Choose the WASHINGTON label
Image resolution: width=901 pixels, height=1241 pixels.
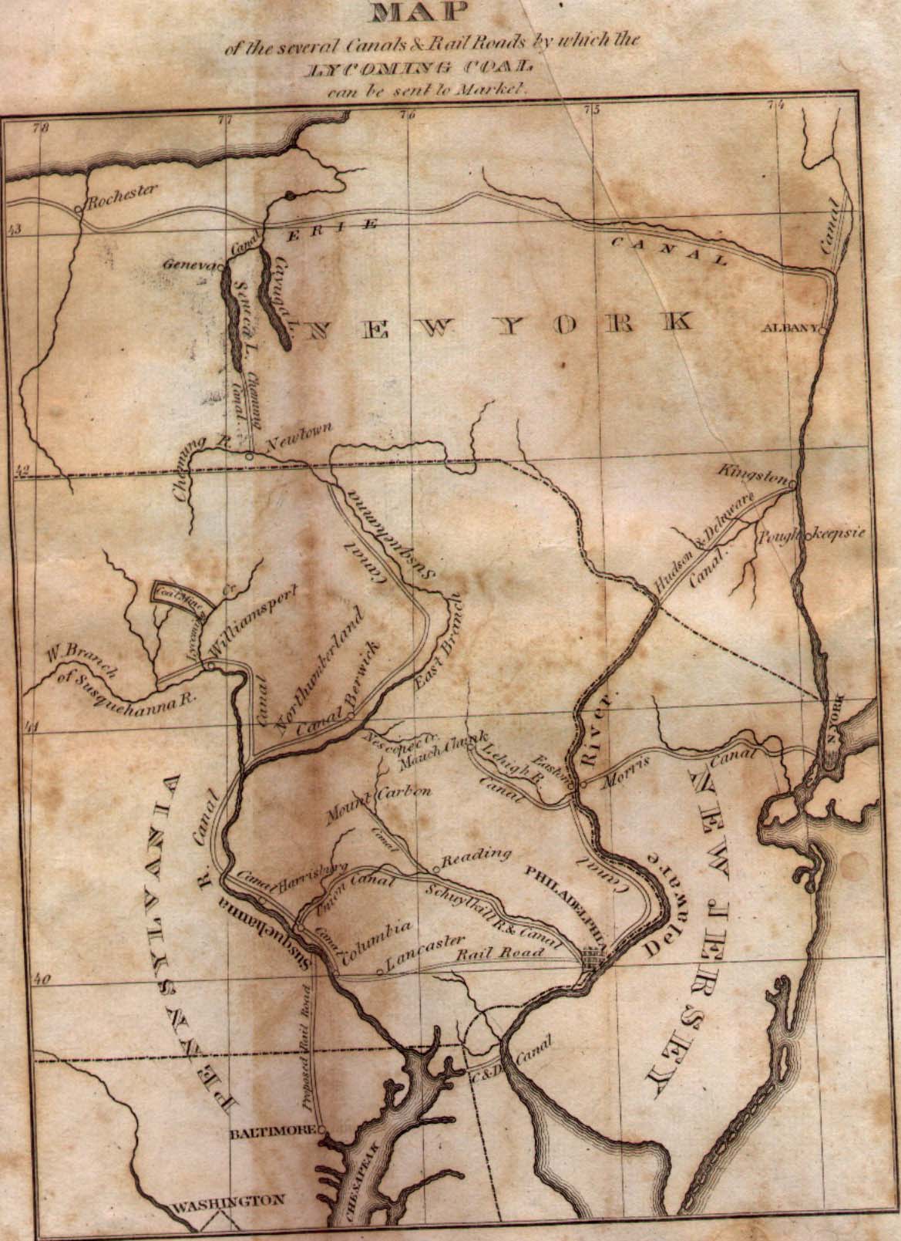click(x=228, y=1201)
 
